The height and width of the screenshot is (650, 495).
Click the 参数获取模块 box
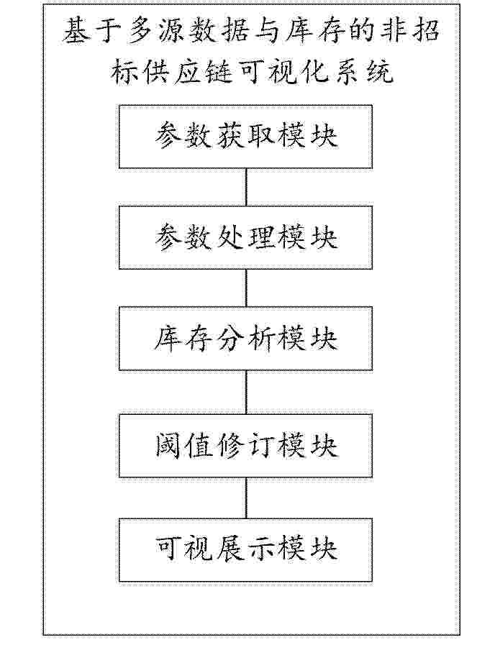click(x=245, y=137)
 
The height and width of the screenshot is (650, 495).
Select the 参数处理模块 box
click(x=245, y=237)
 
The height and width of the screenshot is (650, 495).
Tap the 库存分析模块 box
click(x=245, y=338)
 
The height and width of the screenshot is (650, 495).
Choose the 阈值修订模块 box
click(x=245, y=446)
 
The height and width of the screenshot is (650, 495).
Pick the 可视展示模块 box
click(x=245, y=549)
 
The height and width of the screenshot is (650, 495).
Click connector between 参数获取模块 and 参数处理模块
click(x=246, y=187)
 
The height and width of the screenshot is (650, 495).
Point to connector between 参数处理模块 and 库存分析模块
click(x=246, y=288)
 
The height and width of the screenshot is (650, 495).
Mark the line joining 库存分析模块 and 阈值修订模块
click(x=246, y=392)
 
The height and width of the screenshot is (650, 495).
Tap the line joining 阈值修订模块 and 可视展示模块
click(x=246, y=498)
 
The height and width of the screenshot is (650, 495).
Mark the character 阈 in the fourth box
click(x=169, y=446)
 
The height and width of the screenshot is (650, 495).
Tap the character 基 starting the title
click(x=78, y=31)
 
